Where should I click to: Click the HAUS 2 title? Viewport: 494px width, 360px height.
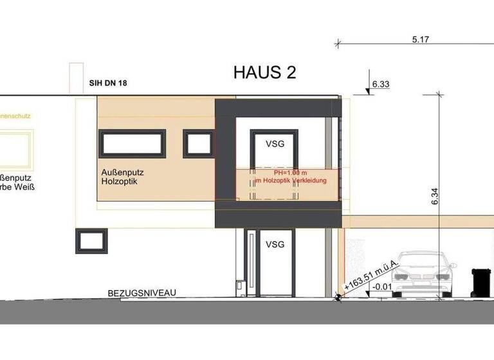click(x=264, y=72)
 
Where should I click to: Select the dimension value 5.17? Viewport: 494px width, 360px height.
click(x=421, y=39)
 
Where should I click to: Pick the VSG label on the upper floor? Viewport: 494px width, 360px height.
click(x=275, y=145)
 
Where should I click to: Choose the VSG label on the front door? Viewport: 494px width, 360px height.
click(x=275, y=244)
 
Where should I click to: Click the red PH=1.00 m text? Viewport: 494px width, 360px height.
click(x=283, y=173)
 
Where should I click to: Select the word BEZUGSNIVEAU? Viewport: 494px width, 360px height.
click(x=142, y=292)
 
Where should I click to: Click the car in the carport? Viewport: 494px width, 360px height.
click(x=423, y=274)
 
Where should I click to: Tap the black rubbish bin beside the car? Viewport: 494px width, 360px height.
click(x=480, y=282)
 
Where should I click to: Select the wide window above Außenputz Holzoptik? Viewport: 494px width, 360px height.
click(x=133, y=143)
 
